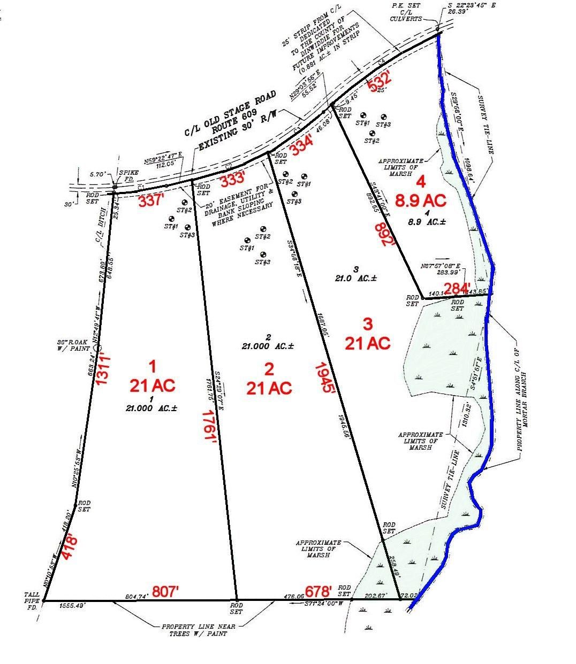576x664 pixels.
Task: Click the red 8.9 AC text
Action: click(x=421, y=200)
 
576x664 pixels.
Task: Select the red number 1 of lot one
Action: click(x=152, y=366)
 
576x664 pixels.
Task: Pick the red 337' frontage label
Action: click(x=151, y=202)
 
